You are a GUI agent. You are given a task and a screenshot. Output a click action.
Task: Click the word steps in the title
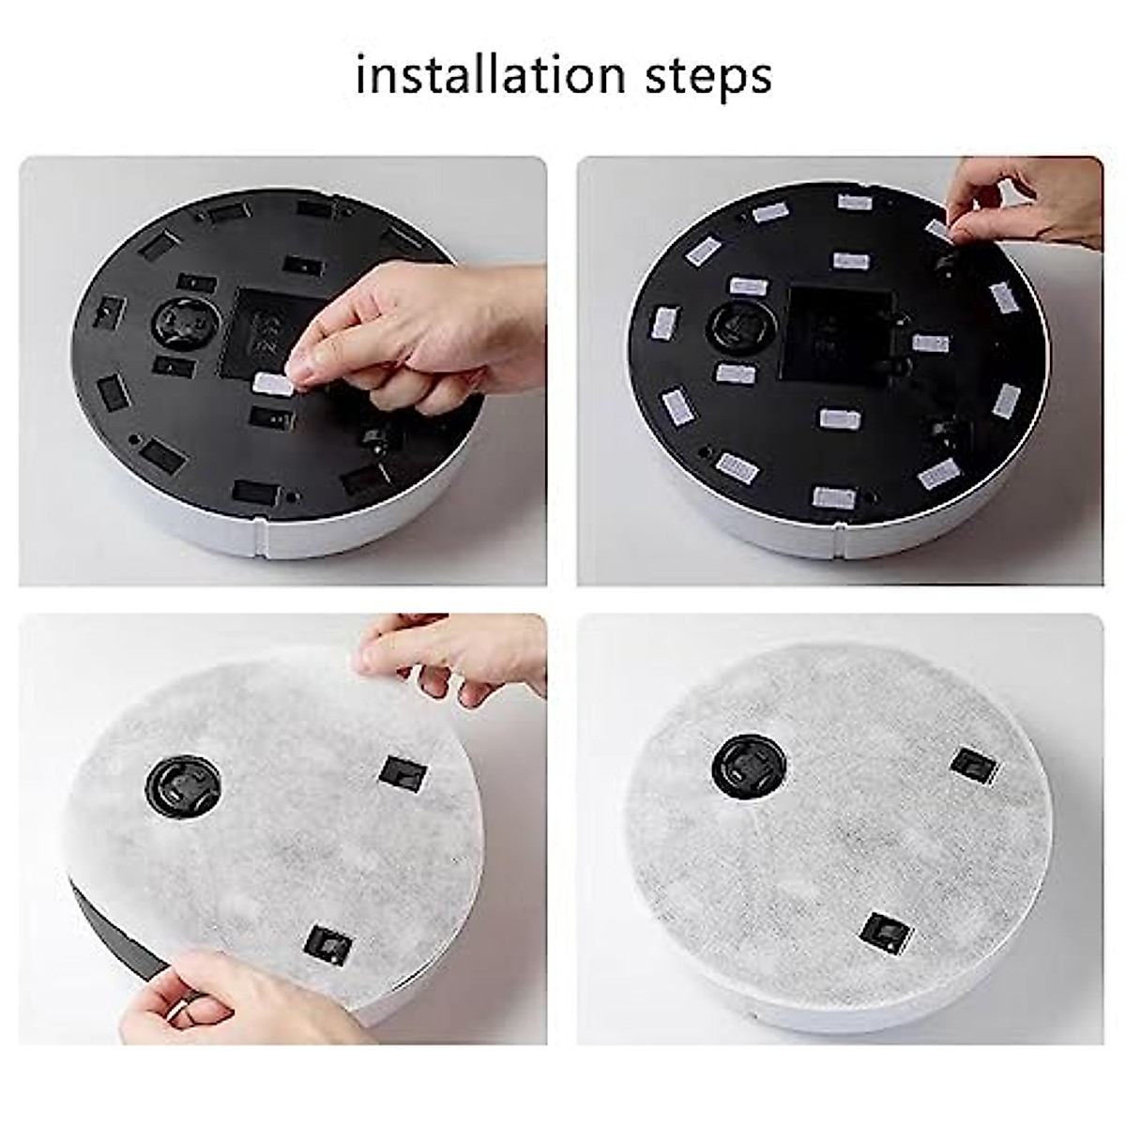(708, 77)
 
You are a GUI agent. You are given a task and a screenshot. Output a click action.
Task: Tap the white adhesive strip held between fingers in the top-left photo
(273, 382)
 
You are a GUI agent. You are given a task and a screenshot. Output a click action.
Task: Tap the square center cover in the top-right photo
(835, 333)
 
